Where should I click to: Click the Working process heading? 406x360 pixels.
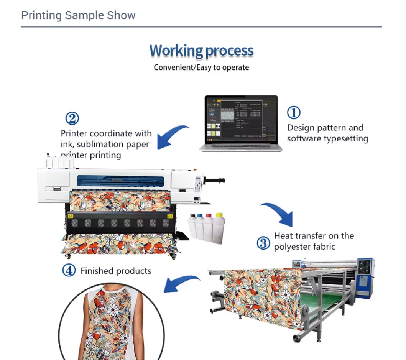201,51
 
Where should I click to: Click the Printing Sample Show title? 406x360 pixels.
78,15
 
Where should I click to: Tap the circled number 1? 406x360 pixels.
294,113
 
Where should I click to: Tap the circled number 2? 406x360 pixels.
72,118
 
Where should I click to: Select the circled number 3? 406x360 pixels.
263,243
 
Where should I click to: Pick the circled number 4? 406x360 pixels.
69,271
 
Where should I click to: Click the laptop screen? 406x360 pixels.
240,119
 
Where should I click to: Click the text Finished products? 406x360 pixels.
116,271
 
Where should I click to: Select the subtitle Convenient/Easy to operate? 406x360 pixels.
201,67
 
